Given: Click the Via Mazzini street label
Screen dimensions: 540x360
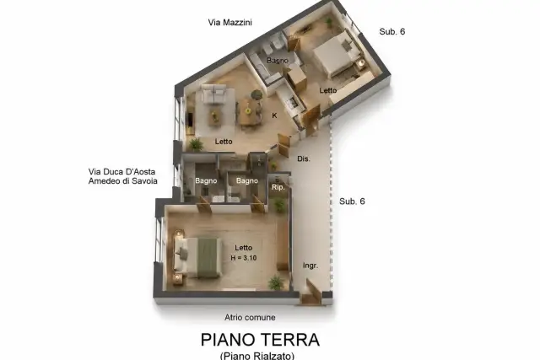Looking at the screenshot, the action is pos(229,23).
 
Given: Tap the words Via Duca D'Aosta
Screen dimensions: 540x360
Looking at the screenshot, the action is pos(121,171).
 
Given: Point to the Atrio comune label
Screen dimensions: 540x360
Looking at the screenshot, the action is pos(250,317).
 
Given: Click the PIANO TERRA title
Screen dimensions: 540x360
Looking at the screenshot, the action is pos(260,340).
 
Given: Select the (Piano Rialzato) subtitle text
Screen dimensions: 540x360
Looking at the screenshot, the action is pos(257,355).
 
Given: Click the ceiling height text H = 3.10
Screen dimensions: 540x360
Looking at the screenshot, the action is pos(244,258).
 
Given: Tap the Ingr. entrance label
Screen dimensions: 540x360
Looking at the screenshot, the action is pos(310,266).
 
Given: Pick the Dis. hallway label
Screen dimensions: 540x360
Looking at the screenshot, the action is pos(304,159).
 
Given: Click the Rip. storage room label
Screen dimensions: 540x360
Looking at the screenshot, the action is pos(278,187).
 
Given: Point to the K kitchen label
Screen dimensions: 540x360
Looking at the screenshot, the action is pos(274,116).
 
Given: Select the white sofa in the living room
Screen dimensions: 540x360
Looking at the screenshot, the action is pos(213,94).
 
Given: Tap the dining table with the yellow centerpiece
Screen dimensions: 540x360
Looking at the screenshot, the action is pos(248,111).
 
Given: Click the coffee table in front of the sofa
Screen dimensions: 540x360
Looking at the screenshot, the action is pos(214,117).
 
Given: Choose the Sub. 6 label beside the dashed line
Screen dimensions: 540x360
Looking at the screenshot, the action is pos(352,201).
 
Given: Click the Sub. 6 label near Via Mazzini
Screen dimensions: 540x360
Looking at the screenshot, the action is pos(391,32).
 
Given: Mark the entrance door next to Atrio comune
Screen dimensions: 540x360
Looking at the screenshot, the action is pos(313,292).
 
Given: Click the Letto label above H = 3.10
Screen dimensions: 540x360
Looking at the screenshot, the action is pos(244,248).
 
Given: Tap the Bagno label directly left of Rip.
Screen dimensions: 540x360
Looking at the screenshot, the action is pos(247,180).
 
